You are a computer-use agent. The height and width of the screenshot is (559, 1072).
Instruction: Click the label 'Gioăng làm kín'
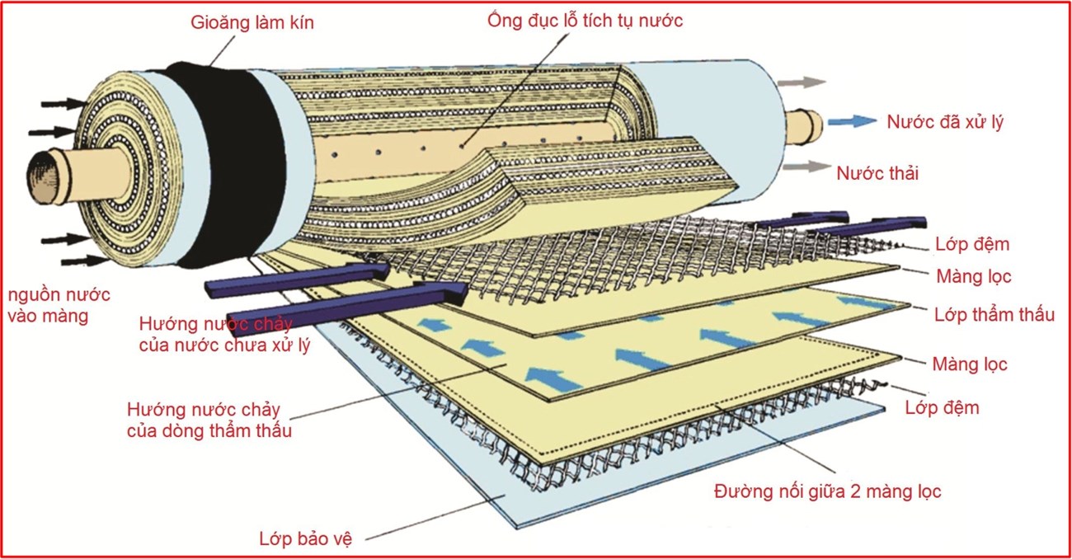point(252,22)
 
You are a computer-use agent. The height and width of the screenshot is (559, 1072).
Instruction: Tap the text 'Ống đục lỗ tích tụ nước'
point(585,21)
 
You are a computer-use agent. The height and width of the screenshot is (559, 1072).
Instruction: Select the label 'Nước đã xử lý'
point(945,122)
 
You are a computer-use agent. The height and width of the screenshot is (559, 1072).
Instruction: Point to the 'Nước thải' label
point(877,173)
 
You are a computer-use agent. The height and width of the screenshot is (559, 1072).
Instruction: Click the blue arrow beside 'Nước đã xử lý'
point(853,121)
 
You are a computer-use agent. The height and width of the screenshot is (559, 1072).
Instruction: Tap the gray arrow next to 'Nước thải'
point(806,167)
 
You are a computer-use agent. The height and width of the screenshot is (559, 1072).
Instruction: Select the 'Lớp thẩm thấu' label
point(994,315)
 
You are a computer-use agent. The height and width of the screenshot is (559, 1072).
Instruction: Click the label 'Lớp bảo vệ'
point(305,538)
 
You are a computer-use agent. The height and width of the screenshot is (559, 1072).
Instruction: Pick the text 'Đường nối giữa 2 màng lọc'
point(827,491)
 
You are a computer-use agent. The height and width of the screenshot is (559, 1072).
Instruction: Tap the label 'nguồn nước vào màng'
point(59,305)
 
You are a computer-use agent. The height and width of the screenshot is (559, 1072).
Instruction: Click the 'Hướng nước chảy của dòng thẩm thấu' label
point(209,420)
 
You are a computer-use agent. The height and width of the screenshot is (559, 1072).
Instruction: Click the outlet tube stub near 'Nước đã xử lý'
point(805,126)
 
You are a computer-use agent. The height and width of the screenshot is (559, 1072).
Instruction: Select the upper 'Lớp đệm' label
point(972,244)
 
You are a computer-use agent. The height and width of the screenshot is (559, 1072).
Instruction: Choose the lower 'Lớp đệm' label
point(942,408)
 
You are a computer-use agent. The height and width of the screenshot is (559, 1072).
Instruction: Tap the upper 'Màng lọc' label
point(973,276)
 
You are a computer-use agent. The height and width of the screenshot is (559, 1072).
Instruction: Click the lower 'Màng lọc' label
point(970,364)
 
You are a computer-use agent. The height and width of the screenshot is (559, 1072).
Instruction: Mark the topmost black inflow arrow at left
point(64,103)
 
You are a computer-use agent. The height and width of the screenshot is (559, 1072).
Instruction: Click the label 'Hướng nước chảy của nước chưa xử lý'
point(224,335)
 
